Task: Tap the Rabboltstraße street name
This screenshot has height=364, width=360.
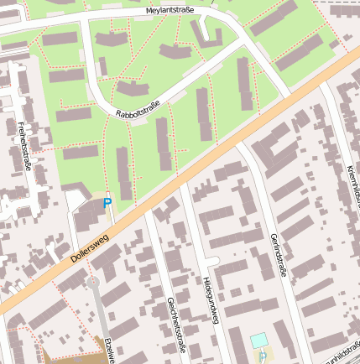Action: coord(138,108)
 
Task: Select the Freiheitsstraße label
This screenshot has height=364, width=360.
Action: coord(24,147)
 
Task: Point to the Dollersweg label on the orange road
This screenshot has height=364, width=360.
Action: coord(90,248)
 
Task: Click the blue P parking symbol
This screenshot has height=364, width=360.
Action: coord(107,203)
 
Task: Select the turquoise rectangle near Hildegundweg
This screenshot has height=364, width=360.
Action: coord(259,341)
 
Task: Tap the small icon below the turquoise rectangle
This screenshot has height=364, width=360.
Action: coord(263,356)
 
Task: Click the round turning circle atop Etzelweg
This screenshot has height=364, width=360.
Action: coord(93,282)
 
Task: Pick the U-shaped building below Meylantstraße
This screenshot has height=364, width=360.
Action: coord(206,34)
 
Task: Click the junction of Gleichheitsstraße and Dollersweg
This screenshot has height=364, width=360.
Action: coord(147,210)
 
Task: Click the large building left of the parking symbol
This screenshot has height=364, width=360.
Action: coord(87,215)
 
